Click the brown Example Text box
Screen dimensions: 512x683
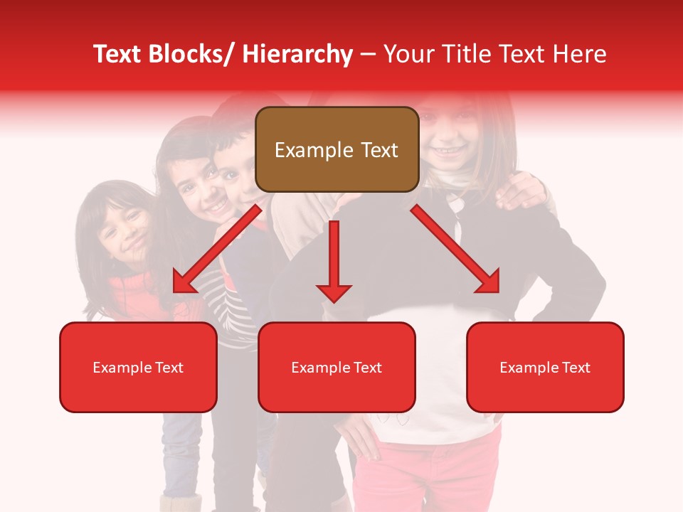pos(337,149)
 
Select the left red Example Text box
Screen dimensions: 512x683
pos(138,367)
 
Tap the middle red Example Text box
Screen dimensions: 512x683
pos(337,367)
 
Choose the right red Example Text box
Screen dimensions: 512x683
pos(545,367)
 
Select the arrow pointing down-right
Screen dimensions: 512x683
pos(455,249)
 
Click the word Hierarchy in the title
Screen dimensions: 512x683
pos(297,54)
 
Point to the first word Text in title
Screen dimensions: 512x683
pos(117,54)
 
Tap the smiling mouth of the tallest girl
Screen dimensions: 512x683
pos(446,151)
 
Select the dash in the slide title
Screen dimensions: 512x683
pos(368,55)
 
